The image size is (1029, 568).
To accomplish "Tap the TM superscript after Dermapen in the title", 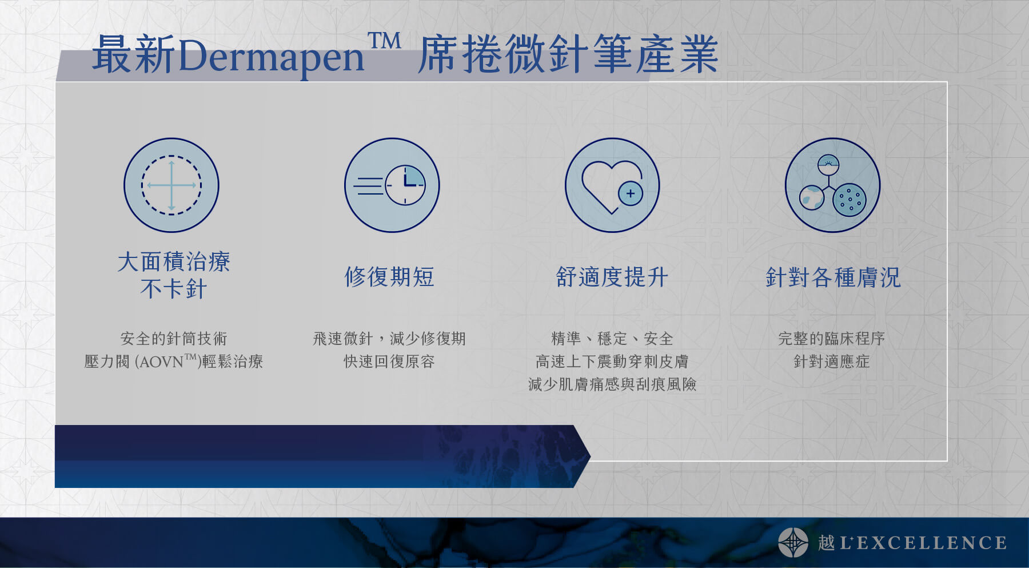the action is tap(384, 41).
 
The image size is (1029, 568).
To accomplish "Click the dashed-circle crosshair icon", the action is tap(171, 185).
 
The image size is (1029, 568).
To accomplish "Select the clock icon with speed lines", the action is tap(392, 185).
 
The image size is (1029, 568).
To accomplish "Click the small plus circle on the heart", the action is tap(631, 193).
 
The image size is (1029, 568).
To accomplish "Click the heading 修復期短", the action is tap(389, 277).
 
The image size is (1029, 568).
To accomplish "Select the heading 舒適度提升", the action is tap(612, 277).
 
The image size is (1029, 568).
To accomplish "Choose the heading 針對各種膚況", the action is tap(833, 277).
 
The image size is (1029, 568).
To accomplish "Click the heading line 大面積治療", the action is tap(174, 262).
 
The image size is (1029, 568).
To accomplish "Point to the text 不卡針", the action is tap(174, 289).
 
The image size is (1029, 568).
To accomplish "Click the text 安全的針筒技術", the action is tap(174, 339).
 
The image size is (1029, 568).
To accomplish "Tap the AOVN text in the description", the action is tap(160, 362).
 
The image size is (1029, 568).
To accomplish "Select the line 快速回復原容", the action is tap(389, 362).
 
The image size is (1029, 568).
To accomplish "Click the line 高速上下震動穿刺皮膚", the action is tap(612, 362).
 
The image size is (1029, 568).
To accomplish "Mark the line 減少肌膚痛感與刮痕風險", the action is tap(612, 384).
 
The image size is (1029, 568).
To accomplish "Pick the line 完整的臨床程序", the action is tap(832, 339).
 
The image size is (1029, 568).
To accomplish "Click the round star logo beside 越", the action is tap(793, 542).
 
